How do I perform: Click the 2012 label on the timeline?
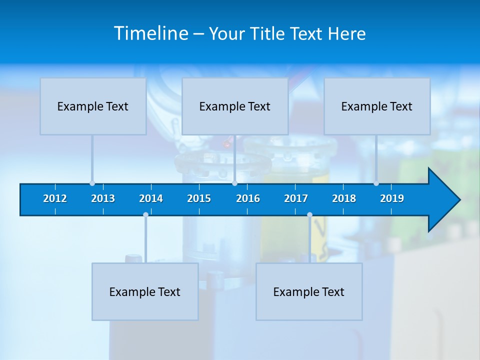tap(55, 198)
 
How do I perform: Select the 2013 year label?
tap(103, 198)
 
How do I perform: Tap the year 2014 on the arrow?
tap(151, 198)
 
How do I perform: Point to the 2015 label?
tap(199, 198)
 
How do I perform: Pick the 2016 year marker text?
tap(248, 198)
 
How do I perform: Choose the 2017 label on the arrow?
tap(296, 198)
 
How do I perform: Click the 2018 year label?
tap(344, 198)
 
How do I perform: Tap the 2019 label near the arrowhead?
tap(392, 198)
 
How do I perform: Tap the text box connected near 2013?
tap(93, 106)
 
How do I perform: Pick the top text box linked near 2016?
tap(234, 106)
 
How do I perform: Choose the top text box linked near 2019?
tap(376, 106)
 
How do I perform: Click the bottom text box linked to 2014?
tap(145, 291)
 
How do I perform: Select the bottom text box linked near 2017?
tap(309, 291)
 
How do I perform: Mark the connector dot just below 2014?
tap(145, 215)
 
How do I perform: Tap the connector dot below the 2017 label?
tap(309, 215)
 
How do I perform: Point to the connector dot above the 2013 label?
tap(92, 183)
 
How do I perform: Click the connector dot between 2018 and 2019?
tap(376, 183)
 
